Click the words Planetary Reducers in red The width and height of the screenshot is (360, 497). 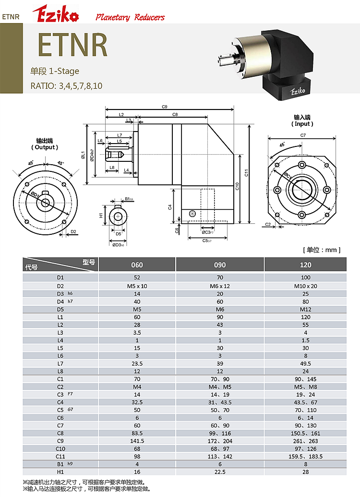[130, 17]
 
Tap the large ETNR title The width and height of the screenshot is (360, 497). [72, 45]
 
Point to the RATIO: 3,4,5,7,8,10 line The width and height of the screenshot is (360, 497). [66, 86]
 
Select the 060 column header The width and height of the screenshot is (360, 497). [137, 265]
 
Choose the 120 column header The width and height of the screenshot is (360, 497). [305, 265]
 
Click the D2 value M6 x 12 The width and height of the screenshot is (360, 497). [220, 286]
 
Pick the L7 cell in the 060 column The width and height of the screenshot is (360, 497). [137, 364]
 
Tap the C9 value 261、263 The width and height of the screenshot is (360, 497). [305, 441]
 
